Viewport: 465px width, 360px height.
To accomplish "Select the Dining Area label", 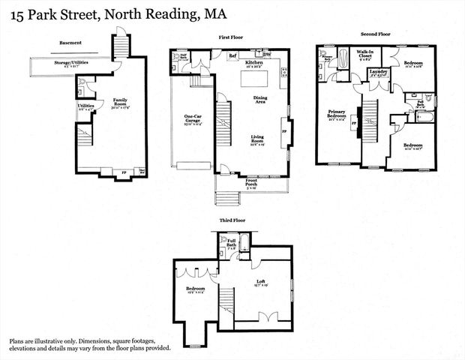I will (x=261, y=99).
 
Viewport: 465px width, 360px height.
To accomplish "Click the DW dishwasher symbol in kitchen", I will (x=268, y=54).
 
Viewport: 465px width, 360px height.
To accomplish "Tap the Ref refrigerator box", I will (x=232, y=55).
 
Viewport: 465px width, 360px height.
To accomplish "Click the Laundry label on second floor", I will (x=378, y=71).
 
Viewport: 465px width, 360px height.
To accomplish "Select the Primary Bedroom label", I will (x=335, y=116).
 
